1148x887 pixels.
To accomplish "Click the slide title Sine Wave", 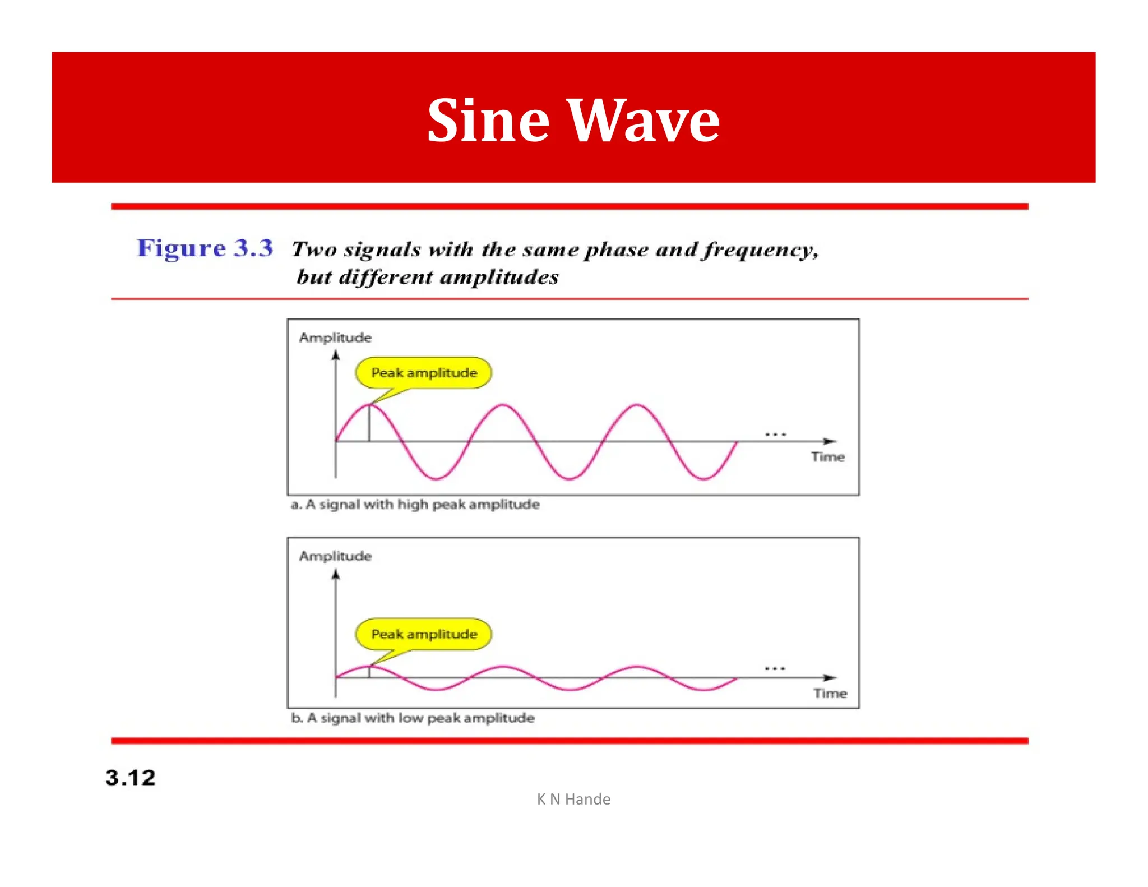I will pyautogui.click(x=573, y=120).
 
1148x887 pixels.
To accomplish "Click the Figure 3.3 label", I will pyautogui.click(x=205, y=248).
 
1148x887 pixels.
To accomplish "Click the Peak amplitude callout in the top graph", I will pyautogui.click(x=424, y=373).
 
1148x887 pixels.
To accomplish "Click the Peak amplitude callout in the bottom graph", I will pyautogui.click(x=424, y=634).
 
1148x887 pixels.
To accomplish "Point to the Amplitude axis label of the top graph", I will pyautogui.click(x=335, y=338).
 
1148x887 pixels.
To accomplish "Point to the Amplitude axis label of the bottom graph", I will pyautogui.click(x=335, y=556).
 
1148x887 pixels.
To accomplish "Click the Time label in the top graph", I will pyautogui.click(x=827, y=457).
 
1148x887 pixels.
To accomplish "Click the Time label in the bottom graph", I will pyautogui.click(x=830, y=694).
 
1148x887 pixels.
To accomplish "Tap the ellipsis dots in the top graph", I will pyautogui.click(x=775, y=435).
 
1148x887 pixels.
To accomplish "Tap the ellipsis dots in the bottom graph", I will pyautogui.click(x=775, y=668).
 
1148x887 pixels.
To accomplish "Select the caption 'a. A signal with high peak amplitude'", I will pyautogui.click(x=415, y=505).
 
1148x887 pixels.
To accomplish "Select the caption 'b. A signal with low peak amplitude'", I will pyautogui.click(x=413, y=718).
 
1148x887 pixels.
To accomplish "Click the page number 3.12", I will pyautogui.click(x=130, y=778).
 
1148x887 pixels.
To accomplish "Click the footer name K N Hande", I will pyautogui.click(x=573, y=799).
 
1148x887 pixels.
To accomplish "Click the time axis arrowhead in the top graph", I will pyautogui.click(x=830, y=441).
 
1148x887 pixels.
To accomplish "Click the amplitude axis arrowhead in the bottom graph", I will pyautogui.click(x=336, y=574).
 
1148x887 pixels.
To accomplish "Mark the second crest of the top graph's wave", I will pyautogui.click(x=503, y=405).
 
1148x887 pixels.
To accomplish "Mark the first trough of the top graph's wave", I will pyautogui.click(x=436, y=478).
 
